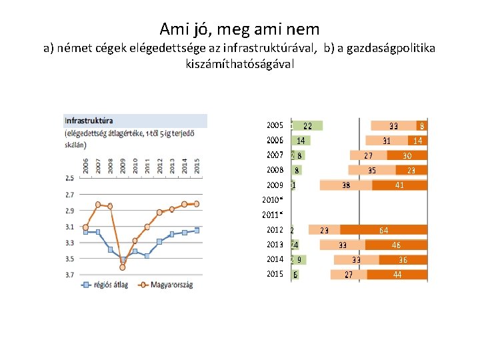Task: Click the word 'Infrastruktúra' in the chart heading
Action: tap(89, 121)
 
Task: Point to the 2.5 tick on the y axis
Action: tap(70, 178)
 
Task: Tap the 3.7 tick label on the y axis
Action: tap(70, 274)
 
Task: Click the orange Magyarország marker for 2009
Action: tap(123, 267)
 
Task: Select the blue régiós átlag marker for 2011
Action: tap(147, 255)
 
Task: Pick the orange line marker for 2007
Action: tap(98, 205)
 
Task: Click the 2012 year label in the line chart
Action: tap(159, 166)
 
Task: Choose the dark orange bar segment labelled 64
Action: tap(383, 230)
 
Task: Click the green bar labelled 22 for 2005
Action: tap(307, 125)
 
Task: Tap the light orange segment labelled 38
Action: tap(346, 185)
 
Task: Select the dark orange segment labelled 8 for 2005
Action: tap(422, 125)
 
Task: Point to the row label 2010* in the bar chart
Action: tap(273, 200)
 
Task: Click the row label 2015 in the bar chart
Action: tap(275, 274)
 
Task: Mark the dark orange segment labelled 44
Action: tap(397, 275)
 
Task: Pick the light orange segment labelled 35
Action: tap(372, 170)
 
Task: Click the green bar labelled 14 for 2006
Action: tap(301, 141)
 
